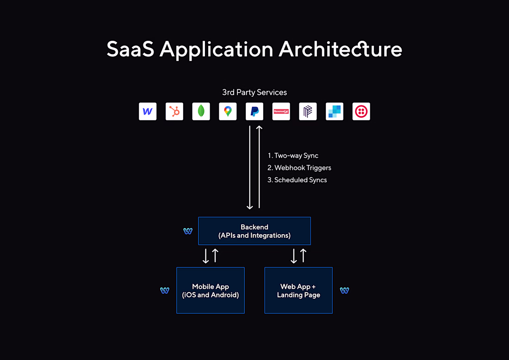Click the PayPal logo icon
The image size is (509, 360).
click(254, 112)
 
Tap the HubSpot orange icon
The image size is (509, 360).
click(174, 112)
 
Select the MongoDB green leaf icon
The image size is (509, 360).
click(201, 112)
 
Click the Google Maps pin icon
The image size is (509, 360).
click(228, 112)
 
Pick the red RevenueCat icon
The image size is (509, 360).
click(281, 112)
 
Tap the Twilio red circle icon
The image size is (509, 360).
click(361, 112)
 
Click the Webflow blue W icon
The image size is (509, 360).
click(148, 112)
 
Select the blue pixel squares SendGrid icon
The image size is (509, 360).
click(335, 112)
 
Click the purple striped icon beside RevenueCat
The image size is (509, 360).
click(308, 112)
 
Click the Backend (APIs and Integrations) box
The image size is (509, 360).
click(254, 231)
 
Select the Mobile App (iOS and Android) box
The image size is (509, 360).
click(211, 290)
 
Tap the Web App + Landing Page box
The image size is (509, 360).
click(298, 290)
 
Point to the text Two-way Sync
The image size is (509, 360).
click(296, 155)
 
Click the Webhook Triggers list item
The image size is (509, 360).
click(299, 168)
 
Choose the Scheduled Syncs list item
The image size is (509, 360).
click(297, 180)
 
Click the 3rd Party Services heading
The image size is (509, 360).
click(254, 93)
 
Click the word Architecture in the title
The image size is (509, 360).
click(341, 50)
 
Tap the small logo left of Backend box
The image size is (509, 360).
click(188, 231)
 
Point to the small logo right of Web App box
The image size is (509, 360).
click(344, 290)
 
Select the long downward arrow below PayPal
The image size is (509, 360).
click(249, 168)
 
